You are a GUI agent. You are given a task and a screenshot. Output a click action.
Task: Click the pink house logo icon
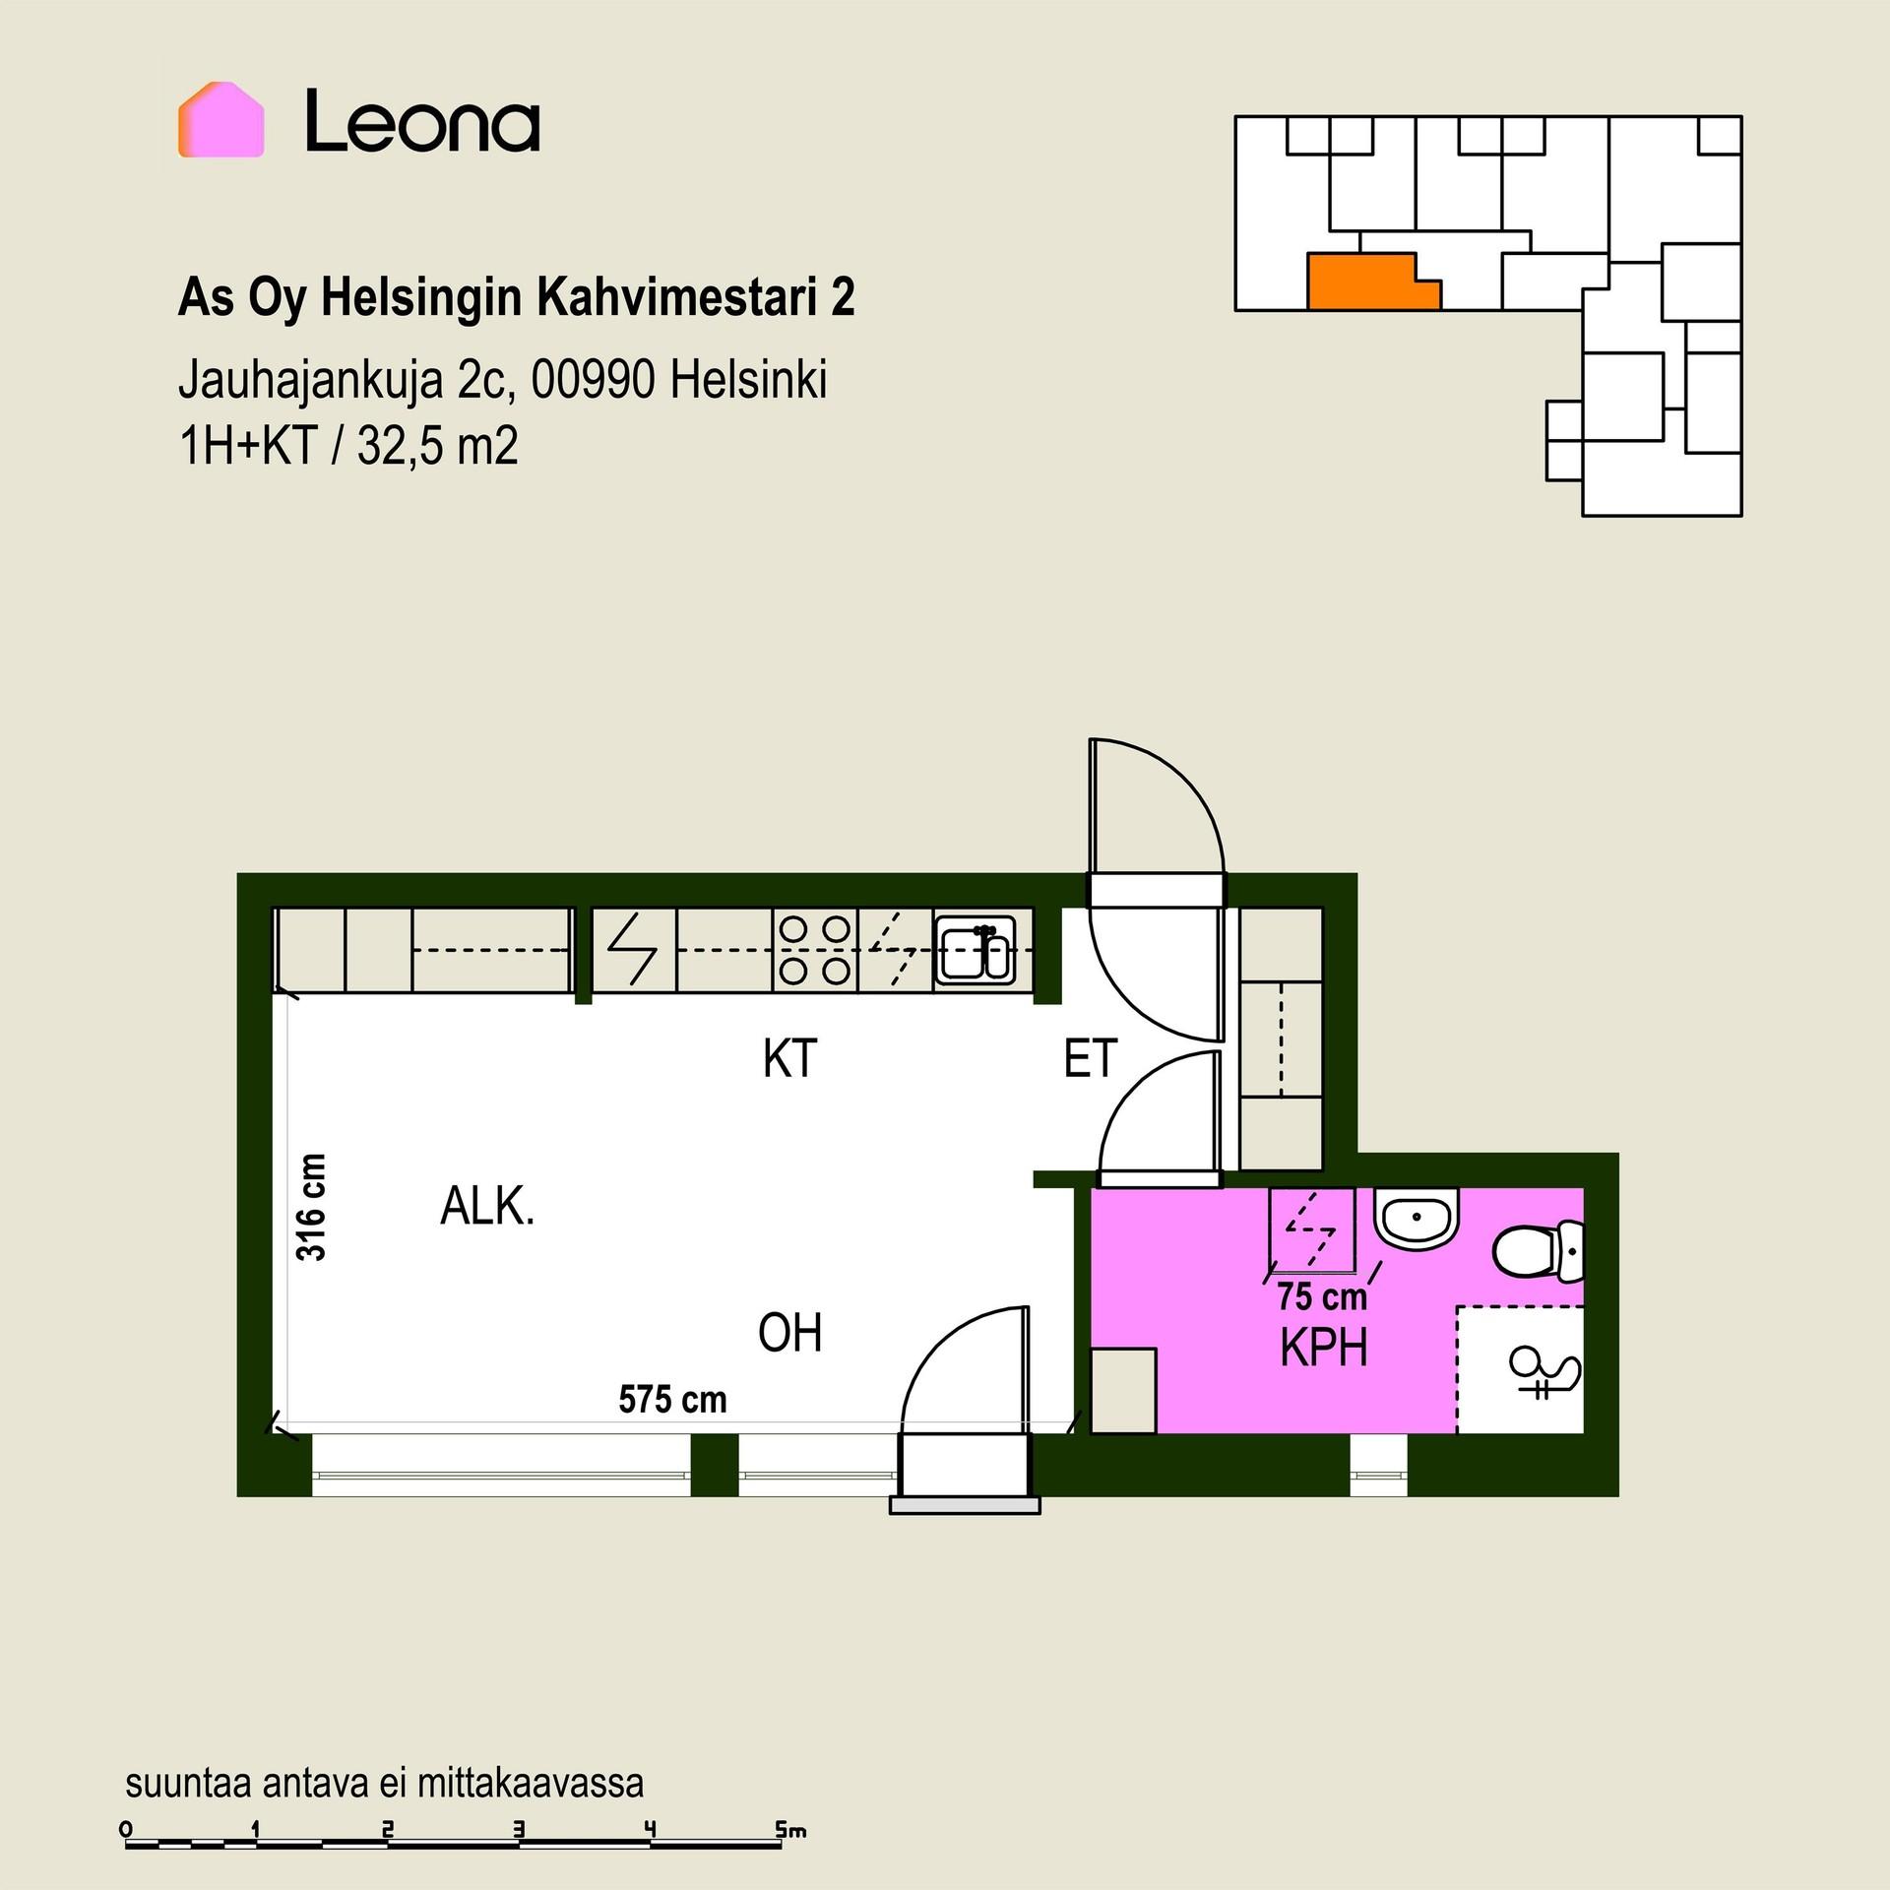pyautogui.click(x=220, y=120)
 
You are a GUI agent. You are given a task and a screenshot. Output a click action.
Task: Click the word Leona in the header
pyautogui.click(x=422, y=121)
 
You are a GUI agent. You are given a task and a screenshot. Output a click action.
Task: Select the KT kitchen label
pyautogui.click(x=789, y=1059)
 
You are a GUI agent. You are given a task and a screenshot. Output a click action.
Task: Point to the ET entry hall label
pyautogui.click(x=1090, y=1059)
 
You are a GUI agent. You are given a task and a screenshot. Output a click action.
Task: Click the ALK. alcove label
pyautogui.click(x=487, y=1206)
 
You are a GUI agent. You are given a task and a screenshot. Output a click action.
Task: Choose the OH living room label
pyautogui.click(x=789, y=1333)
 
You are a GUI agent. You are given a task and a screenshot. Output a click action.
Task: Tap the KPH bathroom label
pyautogui.click(x=1324, y=1348)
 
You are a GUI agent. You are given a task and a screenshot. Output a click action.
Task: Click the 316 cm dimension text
pyautogui.click(x=311, y=1207)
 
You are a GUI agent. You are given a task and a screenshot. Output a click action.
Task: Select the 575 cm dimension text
pyautogui.click(x=672, y=1399)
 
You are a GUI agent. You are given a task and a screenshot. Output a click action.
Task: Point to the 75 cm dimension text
pyautogui.click(x=1322, y=1296)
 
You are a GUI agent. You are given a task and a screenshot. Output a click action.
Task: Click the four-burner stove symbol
pyautogui.click(x=815, y=950)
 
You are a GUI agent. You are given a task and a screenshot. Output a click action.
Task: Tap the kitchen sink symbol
pyautogui.click(x=975, y=951)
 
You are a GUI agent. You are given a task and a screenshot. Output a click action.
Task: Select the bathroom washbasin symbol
pyautogui.click(x=1416, y=1219)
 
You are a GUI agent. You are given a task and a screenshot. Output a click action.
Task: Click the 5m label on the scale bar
pyautogui.click(x=790, y=1830)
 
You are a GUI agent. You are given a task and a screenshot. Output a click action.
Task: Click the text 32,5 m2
pyautogui.click(x=437, y=446)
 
